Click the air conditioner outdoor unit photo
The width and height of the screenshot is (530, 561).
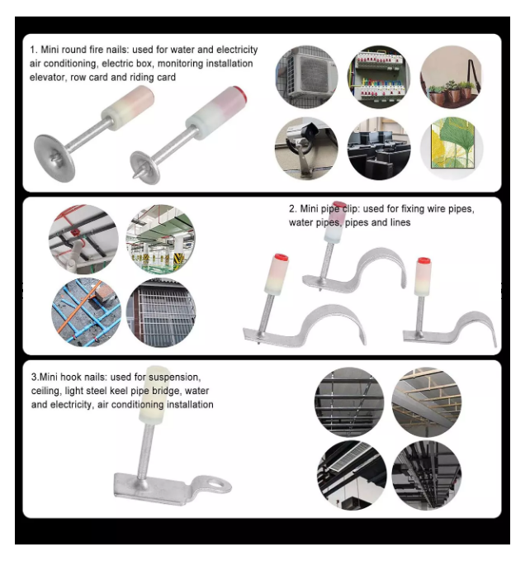[306, 77]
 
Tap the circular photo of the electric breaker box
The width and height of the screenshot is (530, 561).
[379, 77]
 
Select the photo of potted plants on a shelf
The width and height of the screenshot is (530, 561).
[452, 77]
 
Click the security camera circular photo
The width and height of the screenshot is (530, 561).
[306, 149]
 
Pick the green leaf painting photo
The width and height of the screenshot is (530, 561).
[452, 149]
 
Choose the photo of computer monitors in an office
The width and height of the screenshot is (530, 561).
[379, 149]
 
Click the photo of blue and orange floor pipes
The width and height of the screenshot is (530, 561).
[86, 312]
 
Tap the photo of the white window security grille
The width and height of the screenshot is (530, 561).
[161, 312]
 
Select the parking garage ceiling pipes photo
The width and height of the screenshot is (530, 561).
[161, 240]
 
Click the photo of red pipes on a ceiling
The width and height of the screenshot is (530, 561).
[83, 240]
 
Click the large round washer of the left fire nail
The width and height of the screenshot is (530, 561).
[54, 158]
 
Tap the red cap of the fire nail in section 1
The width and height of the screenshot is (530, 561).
[240, 93]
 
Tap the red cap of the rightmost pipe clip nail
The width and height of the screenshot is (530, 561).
[424, 260]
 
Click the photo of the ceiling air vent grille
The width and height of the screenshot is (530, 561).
[352, 476]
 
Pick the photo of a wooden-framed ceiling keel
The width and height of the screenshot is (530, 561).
[426, 402]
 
